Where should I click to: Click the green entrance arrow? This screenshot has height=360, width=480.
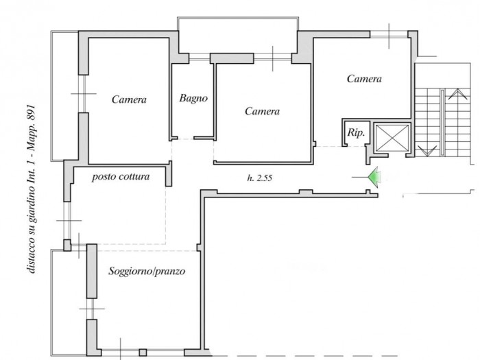pyautogui.click(x=374, y=177)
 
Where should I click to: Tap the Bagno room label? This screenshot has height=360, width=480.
pyautogui.click(x=193, y=98)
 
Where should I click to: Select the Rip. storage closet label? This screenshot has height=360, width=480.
pyautogui.click(x=356, y=133)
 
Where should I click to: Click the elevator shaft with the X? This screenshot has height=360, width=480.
pyautogui.click(x=392, y=138)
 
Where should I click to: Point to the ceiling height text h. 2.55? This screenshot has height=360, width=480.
pyautogui.click(x=260, y=178)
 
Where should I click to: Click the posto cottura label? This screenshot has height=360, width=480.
pyautogui.click(x=121, y=177)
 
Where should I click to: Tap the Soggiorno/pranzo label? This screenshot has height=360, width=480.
pyautogui.click(x=147, y=272)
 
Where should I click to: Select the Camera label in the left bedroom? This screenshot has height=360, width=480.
pyautogui.click(x=129, y=99)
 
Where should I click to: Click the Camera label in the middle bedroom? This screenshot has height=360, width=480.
pyautogui.click(x=262, y=111)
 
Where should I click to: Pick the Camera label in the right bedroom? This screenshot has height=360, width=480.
pyautogui.click(x=364, y=79)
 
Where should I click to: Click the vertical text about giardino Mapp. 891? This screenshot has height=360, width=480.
pyautogui.click(x=32, y=189)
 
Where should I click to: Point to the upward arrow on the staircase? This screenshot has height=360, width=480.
pyautogui.click(x=457, y=94)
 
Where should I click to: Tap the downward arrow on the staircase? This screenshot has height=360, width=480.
pyautogui.click(x=427, y=151)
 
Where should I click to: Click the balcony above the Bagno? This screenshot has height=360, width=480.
pyautogui.click(x=238, y=35)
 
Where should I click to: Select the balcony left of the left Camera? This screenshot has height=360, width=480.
pyautogui.click(x=64, y=96)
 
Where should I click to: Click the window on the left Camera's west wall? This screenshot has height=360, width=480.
pyautogui.click(x=83, y=94)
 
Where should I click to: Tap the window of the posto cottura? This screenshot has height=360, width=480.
pyautogui.click(x=67, y=220)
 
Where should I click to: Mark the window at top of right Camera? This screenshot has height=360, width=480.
pyautogui.click(x=389, y=34)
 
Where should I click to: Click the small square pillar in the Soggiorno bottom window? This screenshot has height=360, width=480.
pyautogui.click(x=143, y=352)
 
